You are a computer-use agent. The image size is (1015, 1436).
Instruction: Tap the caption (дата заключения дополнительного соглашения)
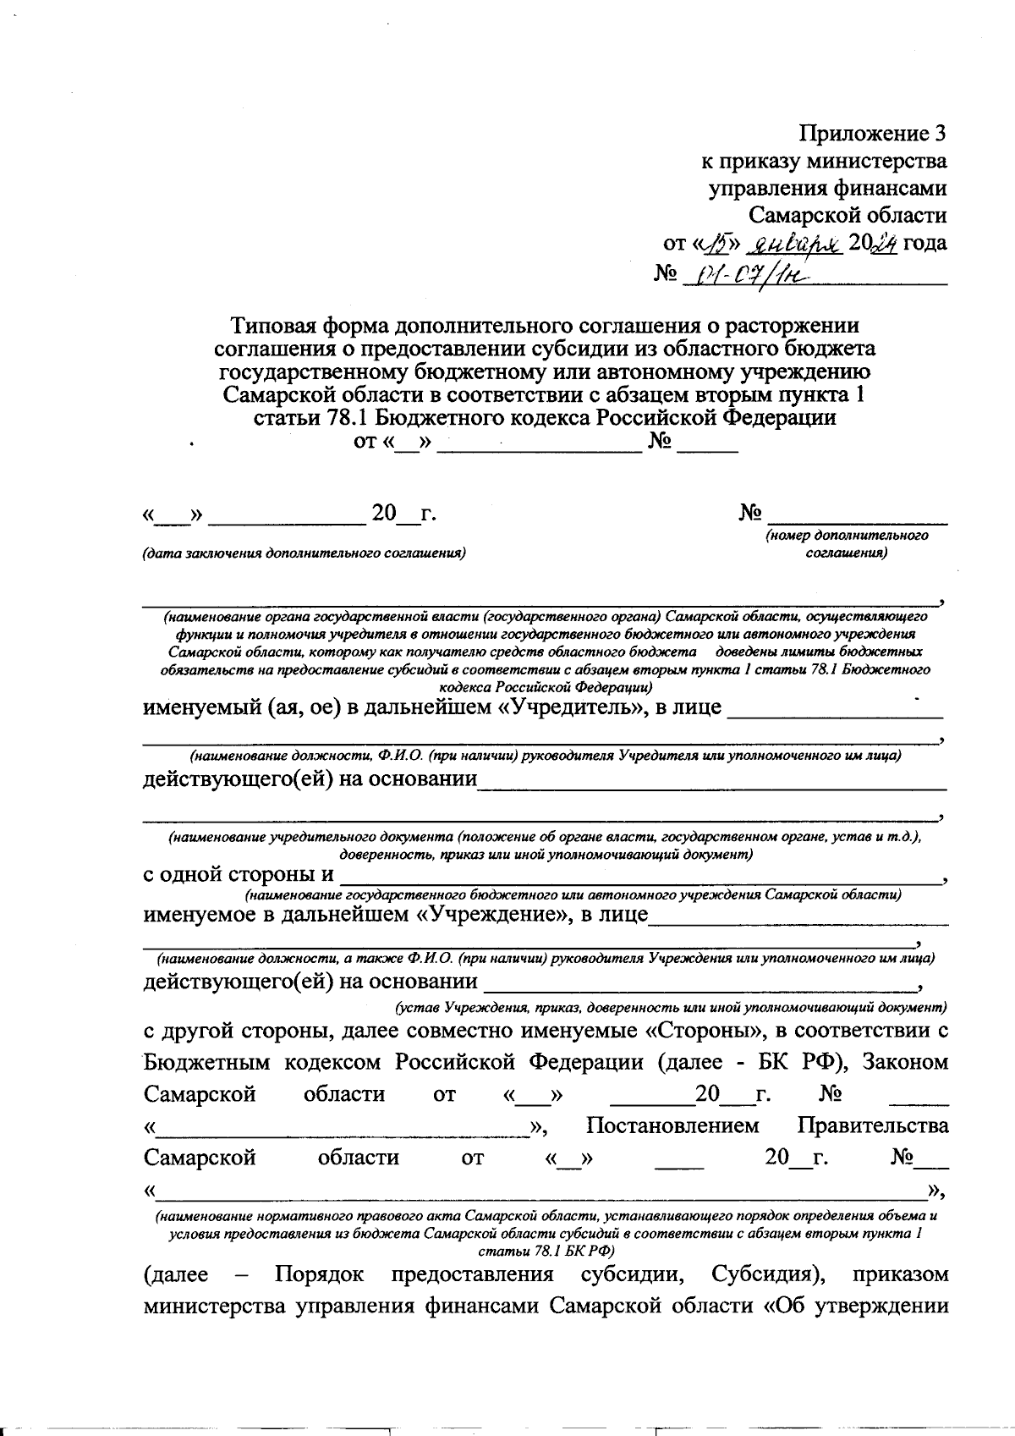point(304,553)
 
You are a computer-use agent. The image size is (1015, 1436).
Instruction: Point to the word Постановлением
point(672,1126)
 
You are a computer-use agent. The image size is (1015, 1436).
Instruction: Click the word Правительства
point(872,1126)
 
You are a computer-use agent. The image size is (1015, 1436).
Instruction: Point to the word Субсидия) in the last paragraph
point(765,1274)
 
